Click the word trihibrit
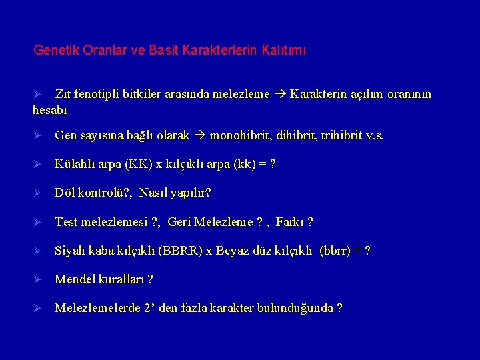coord(339,136)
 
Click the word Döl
coord(65,193)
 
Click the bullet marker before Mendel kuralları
coord(38,279)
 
